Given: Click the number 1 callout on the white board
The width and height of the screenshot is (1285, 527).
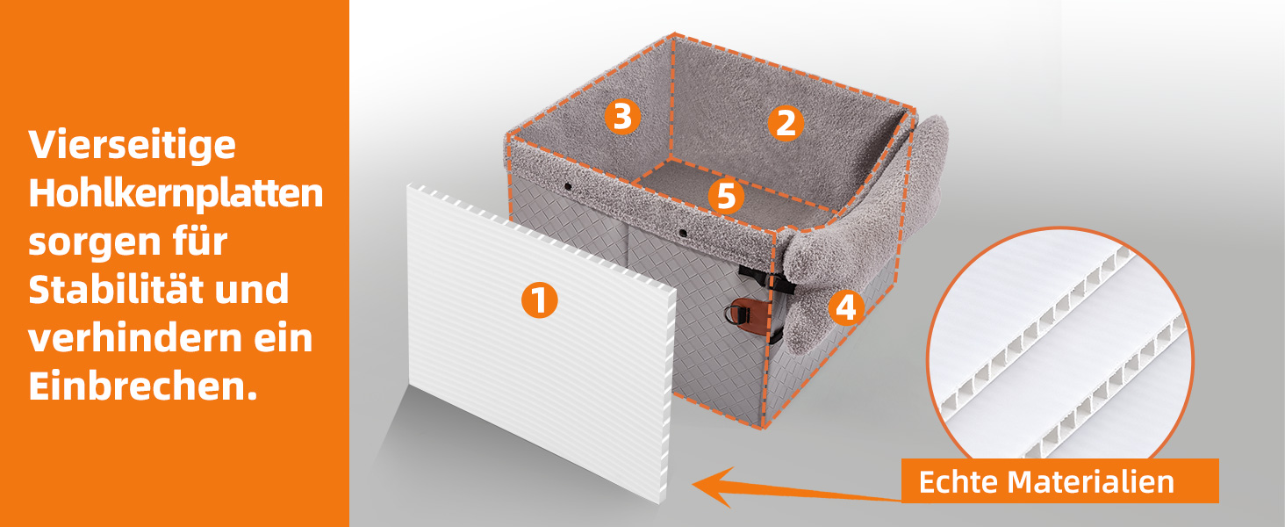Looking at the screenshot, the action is point(539,300).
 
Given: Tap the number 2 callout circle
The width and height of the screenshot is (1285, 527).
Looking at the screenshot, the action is point(786,123).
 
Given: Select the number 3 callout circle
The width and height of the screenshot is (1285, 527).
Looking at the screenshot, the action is point(622,117).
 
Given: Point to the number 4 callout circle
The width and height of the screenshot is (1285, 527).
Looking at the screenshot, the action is point(846,307).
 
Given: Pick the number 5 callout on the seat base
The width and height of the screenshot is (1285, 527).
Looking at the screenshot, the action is point(726,197).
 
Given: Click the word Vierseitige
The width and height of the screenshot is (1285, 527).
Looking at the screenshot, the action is point(132,146).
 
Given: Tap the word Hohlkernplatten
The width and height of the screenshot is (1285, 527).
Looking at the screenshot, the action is point(176,194).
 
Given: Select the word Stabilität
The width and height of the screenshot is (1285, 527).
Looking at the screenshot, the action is point(117,289).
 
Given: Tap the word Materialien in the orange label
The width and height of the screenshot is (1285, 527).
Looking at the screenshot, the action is point(1091,481).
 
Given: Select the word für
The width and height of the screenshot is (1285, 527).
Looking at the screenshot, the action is point(197,240).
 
